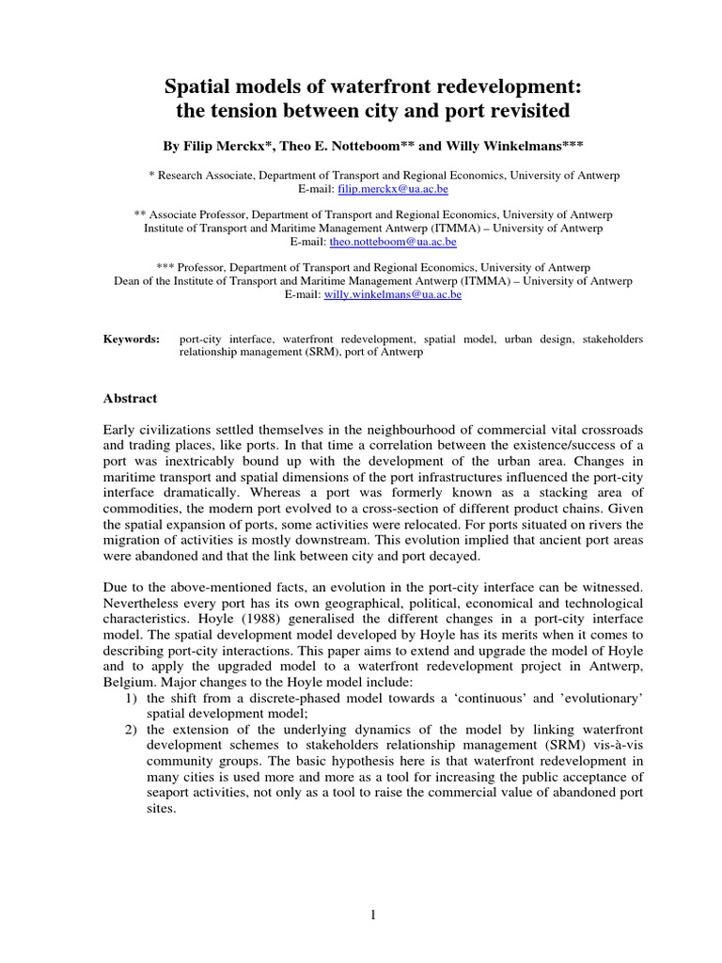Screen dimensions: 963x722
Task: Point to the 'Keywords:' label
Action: point(132,339)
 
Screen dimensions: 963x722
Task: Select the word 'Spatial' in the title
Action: point(197,88)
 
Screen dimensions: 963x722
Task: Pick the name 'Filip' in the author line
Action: point(202,147)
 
